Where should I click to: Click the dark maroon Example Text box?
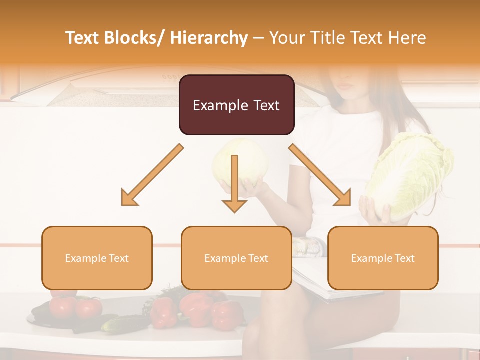point(236,105)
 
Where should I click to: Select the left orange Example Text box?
point(97,258)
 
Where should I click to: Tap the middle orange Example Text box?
point(236,258)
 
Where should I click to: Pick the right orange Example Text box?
point(383,258)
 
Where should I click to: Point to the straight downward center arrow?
point(234,185)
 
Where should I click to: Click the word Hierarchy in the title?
point(209,38)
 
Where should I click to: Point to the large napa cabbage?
point(410,175)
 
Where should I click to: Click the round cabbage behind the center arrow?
point(250,160)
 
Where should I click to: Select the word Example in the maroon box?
point(213,105)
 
